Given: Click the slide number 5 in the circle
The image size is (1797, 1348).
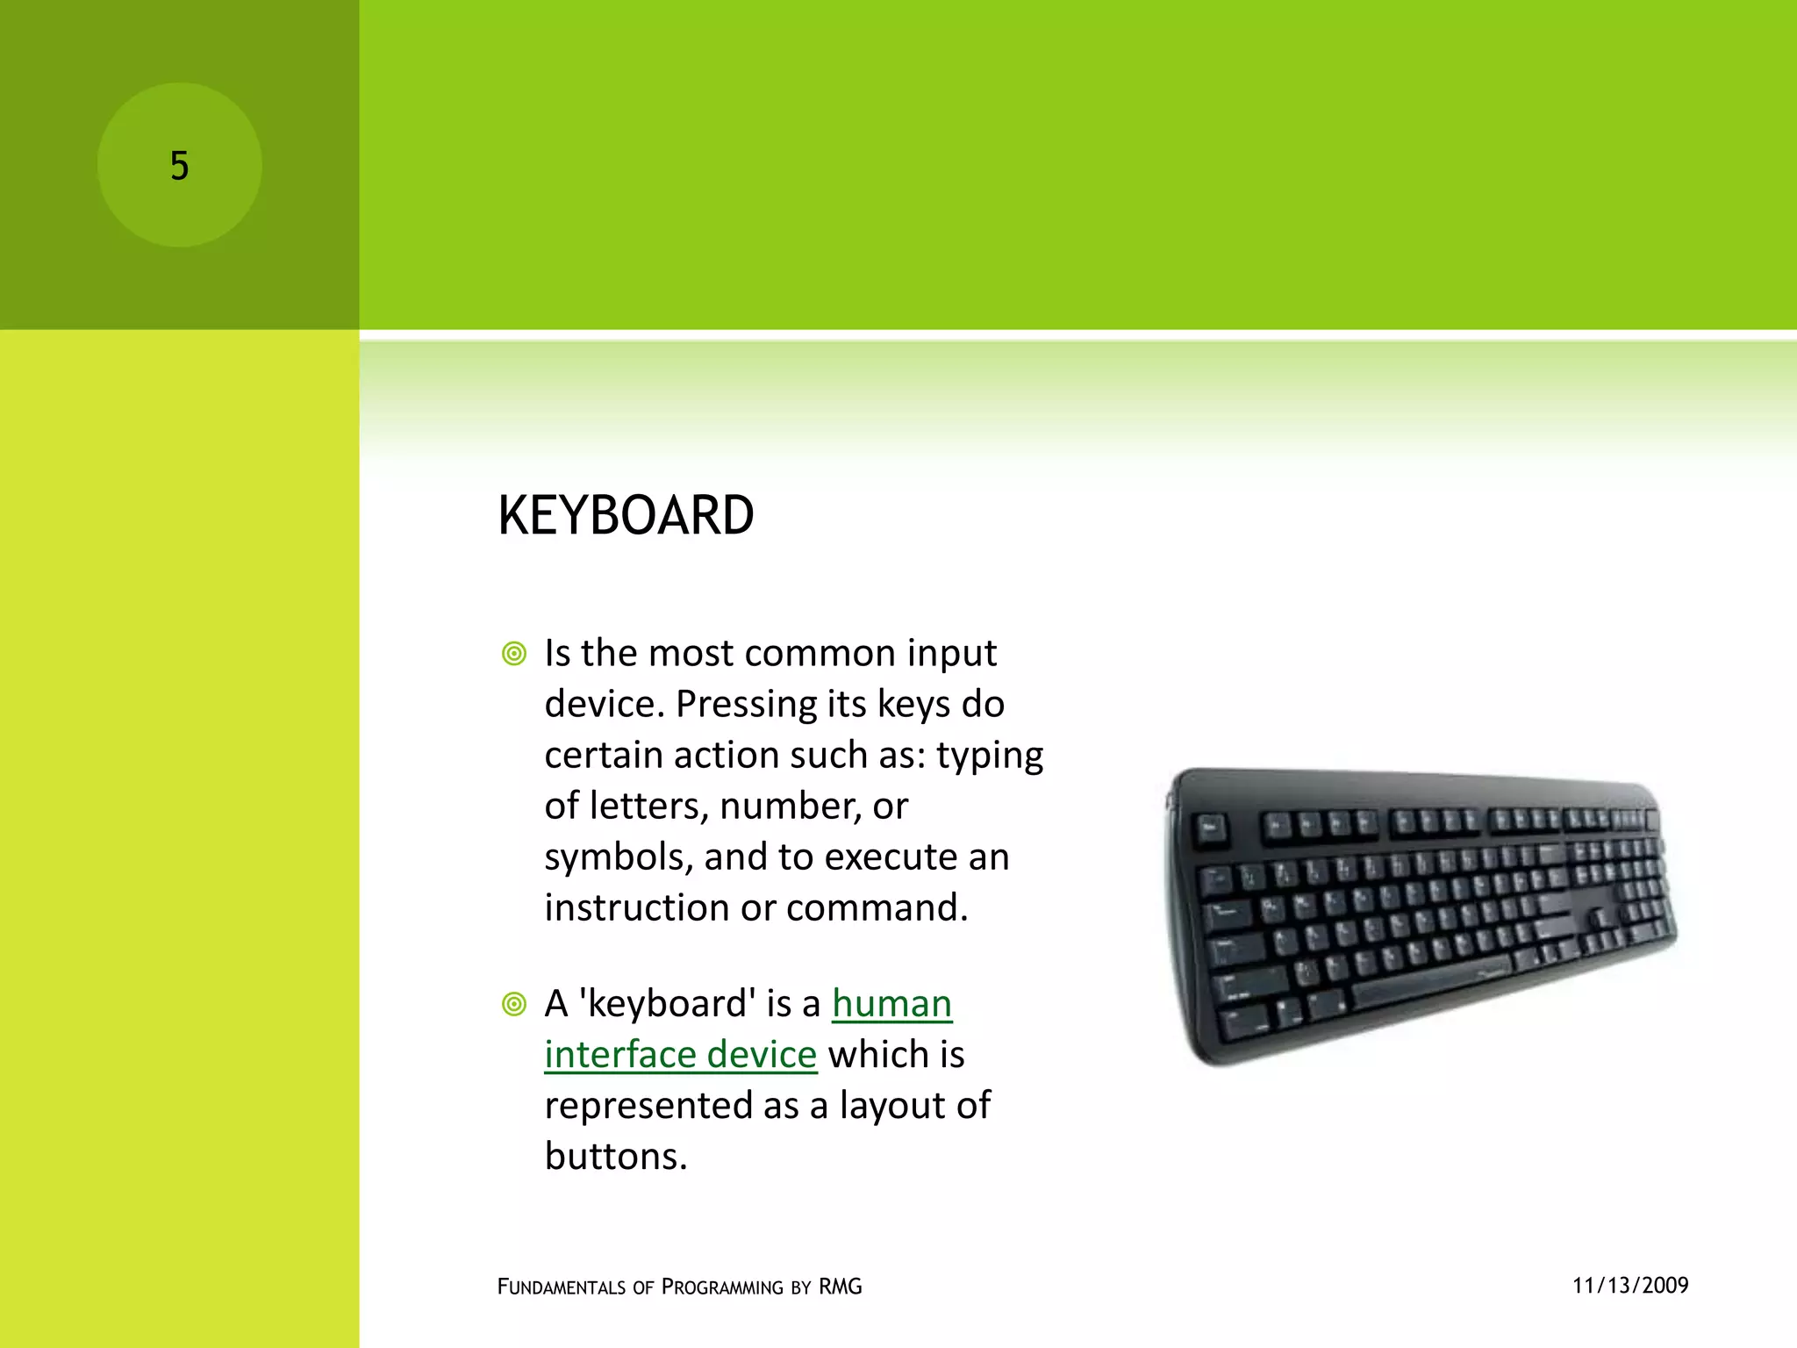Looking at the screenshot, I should [x=179, y=166].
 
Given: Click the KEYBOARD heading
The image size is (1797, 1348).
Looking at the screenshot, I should [x=626, y=515].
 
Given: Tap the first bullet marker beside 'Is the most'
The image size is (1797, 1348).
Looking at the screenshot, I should [x=514, y=654].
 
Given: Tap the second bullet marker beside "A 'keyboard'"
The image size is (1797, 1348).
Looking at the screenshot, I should [x=514, y=1004].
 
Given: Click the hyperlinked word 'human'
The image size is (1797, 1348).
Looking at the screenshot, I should [x=891, y=1004].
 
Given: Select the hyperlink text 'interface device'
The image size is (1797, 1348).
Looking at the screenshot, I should [x=680, y=1055].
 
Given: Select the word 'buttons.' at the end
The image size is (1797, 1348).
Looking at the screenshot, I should [x=615, y=1157].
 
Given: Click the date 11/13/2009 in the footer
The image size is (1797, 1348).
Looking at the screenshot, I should [x=1630, y=1286].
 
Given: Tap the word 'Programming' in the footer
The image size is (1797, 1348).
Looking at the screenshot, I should [x=721, y=1287].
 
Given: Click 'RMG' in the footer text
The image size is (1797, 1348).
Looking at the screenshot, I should [x=840, y=1287].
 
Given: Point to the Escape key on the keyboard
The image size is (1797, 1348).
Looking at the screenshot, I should [x=1212, y=828].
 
